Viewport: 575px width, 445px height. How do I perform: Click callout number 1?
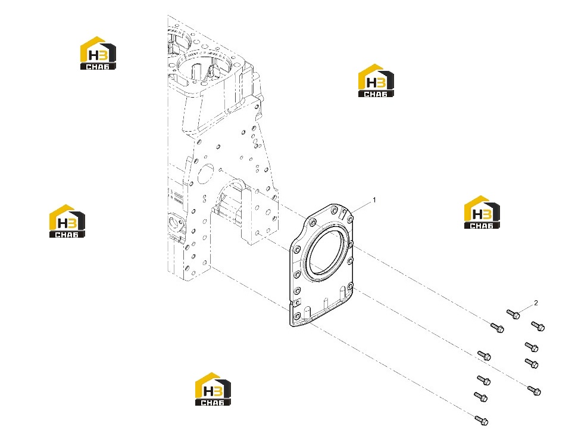[374, 200]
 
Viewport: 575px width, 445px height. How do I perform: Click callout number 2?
[536, 303]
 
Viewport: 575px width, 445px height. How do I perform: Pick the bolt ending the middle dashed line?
[534, 390]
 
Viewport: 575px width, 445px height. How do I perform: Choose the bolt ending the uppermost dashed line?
[497, 328]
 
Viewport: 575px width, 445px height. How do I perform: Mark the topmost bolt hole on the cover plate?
[334, 210]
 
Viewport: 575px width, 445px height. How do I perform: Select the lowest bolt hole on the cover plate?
[298, 316]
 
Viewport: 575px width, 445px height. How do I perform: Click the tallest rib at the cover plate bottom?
[342, 294]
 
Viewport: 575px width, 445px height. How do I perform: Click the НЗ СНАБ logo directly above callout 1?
[376, 80]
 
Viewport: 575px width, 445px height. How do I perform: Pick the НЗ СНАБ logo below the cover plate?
[212, 389]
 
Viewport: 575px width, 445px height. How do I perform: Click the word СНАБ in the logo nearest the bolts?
[482, 226]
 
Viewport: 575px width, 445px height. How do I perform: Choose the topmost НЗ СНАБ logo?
[98, 53]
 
